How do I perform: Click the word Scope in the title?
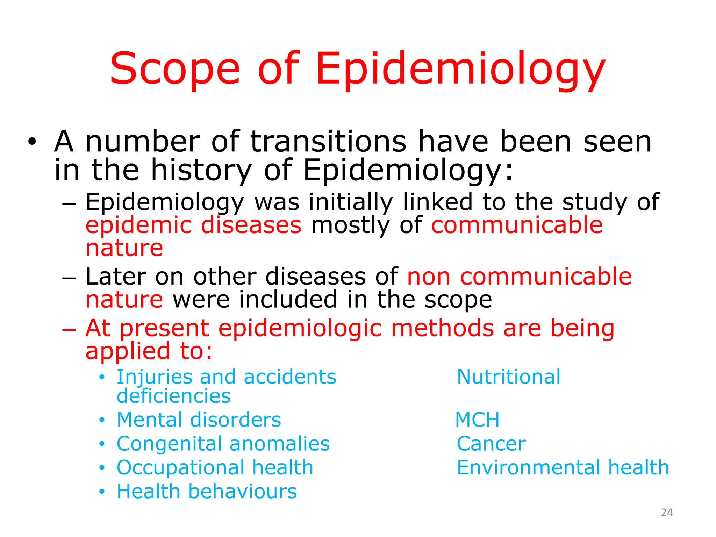pyautogui.click(x=175, y=69)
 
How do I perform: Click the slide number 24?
pyautogui.click(x=667, y=513)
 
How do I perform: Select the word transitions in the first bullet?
pyautogui.click(x=328, y=142)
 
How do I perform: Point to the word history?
pyautogui.click(x=201, y=171)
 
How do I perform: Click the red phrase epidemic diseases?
pyautogui.click(x=193, y=225)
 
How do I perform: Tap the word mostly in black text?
pyautogui.click(x=350, y=225)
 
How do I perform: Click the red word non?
pyautogui.click(x=429, y=277)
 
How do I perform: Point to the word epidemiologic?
pyautogui.click(x=300, y=329)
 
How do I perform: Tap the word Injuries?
pyautogui.click(x=154, y=377)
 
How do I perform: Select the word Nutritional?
pyautogui.click(x=508, y=377)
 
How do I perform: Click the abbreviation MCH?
pyautogui.click(x=477, y=420)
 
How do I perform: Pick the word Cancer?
pyautogui.click(x=491, y=444)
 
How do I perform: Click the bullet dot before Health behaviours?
pyautogui.click(x=102, y=492)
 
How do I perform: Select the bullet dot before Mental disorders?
pyautogui.click(x=102, y=420)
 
